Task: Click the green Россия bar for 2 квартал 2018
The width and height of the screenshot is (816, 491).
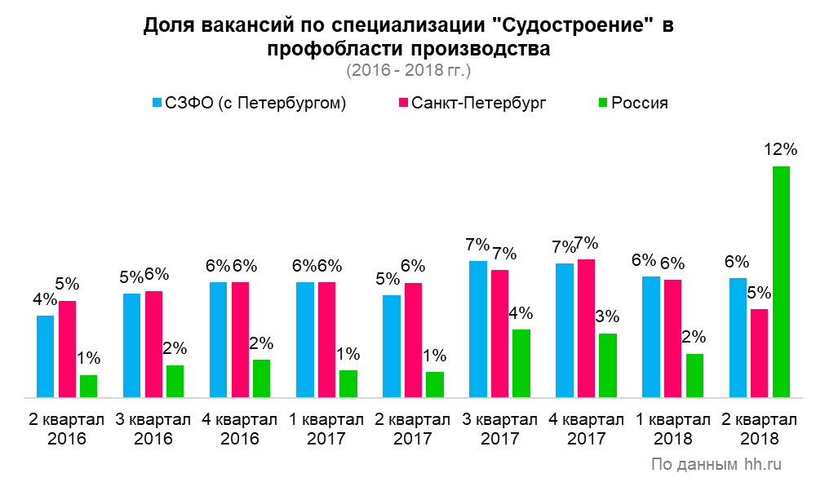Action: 782,281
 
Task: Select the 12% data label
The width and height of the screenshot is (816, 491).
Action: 781,150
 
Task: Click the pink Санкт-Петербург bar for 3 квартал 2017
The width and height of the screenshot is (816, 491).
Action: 499,334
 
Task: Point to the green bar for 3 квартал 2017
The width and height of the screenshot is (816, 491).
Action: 521,363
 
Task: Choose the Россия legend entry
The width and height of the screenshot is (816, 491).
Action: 634,104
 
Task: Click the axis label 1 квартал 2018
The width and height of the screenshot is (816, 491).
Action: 673,429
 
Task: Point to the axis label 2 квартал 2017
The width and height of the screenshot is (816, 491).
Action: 413,429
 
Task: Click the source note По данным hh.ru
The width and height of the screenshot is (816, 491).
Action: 716,465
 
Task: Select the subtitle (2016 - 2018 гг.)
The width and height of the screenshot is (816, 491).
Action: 408,70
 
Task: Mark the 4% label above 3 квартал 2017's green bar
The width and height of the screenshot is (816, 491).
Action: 521,314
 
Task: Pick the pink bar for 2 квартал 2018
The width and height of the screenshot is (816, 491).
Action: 759,353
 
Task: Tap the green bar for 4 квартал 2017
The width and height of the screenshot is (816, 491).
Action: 608,365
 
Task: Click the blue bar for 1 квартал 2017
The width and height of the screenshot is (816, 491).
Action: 305,339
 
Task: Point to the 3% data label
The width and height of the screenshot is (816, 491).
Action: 607,317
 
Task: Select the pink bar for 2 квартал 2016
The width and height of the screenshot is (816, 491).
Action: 67,349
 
